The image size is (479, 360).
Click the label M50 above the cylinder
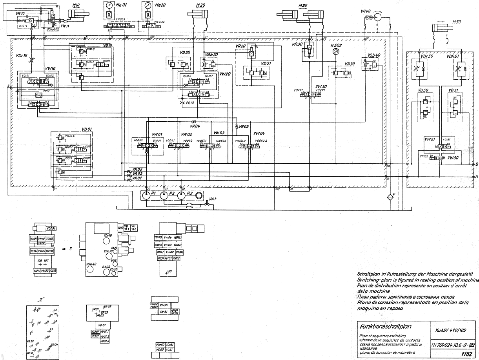[x=457, y=22]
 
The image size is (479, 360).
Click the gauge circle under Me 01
[x=108, y=6]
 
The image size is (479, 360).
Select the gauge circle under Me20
[x=147, y=6]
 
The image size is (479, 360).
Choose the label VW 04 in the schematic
[x=259, y=133]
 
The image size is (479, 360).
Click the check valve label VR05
[x=244, y=126]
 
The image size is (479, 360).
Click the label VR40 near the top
[x=366, y=11]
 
